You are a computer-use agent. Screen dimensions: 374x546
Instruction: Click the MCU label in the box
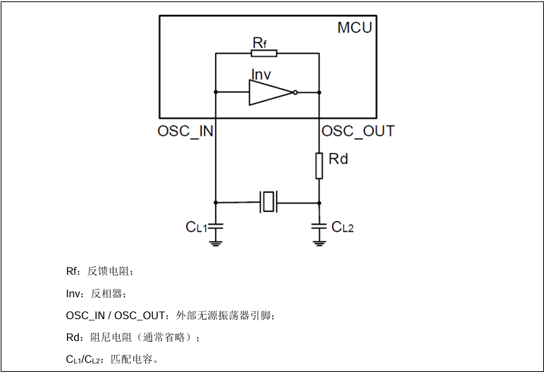click(354, 28)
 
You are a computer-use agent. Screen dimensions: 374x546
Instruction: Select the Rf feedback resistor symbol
click(264, 53)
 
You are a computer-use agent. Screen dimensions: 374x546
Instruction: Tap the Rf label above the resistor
click(259, 43)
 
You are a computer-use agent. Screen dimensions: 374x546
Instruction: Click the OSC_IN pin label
click(185, 132)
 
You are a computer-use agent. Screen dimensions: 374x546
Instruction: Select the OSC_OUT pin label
click(358, 132)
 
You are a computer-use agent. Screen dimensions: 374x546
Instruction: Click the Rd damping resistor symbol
click(319, 166)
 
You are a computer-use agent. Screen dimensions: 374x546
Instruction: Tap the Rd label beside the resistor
click(338, 159)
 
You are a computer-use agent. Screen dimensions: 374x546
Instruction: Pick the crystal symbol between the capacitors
click(268, 202)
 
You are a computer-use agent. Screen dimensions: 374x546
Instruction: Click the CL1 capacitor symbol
click(216, 226)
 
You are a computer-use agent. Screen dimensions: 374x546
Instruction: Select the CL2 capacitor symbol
click(319, 226)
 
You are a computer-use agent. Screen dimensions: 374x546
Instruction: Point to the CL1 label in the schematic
click(196, 227)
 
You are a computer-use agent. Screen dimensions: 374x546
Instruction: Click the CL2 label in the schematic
click(342, 227)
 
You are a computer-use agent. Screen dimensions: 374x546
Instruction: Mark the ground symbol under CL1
click(216, 242)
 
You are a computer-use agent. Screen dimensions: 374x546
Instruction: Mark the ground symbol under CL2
click(319, 242)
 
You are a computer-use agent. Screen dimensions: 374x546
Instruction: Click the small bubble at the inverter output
click(295, 92)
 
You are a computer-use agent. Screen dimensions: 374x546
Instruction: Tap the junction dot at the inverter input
click(216, 92)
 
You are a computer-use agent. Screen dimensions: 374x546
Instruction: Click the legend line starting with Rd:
click(133, 337)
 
